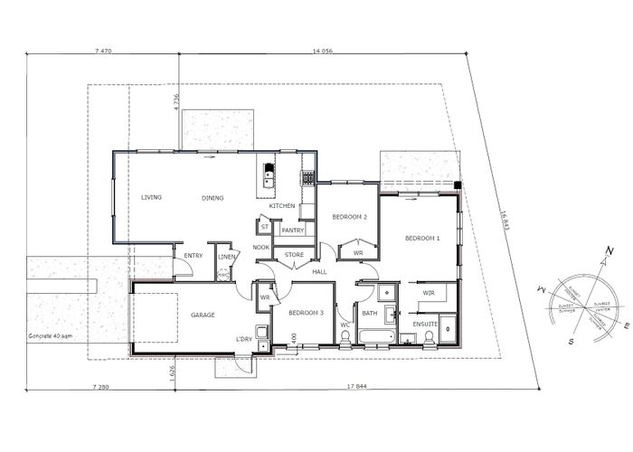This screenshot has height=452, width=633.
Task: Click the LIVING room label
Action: click(x=151, y=197)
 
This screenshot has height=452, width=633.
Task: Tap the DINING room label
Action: click(x=213, y=198)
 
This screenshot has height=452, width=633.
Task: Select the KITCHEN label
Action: click(x=282, y=206)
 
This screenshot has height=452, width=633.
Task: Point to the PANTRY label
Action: click(x=292, y=231)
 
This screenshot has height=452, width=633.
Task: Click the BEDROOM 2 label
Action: click(x=349, y=217)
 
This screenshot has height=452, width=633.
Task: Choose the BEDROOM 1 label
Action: click(x=422, y=238)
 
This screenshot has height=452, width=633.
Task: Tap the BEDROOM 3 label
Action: click(x=306, y=313)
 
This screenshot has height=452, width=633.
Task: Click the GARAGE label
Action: click(x=203, y=315)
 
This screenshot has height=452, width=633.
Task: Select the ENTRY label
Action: click(x=194, y=256)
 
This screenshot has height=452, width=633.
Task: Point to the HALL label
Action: click(x=319, y=271)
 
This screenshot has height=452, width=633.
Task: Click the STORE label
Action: click(x=295, y=255)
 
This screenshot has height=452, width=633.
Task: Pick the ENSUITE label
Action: click(x=425, y=323)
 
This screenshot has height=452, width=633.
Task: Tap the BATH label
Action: click(x=369, y=314)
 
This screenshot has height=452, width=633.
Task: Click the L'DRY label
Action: click(x=244, y=339)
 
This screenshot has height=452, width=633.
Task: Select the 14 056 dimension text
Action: click(x=324, y=52)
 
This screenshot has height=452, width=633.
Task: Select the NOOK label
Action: click(x=261, y=247)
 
